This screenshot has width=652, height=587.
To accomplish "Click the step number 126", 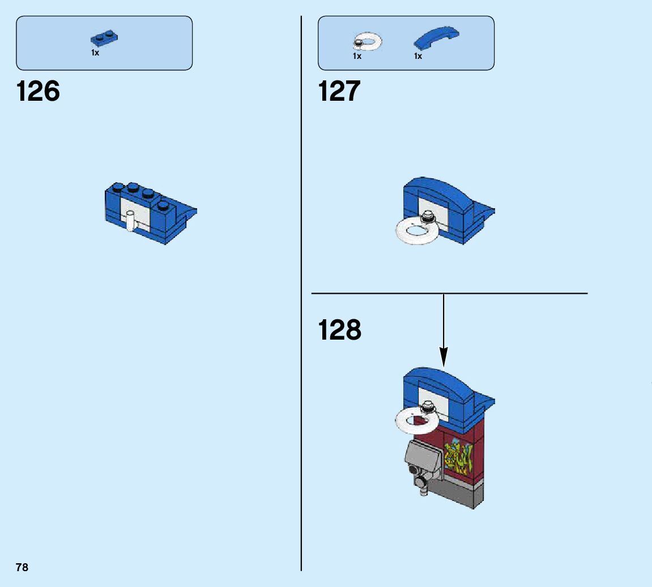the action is tap(38, 91).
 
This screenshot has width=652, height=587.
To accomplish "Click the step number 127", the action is tap(339, 91).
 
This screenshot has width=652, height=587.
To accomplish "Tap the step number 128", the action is tap(339, 330).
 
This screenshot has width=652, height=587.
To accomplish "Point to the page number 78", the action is tap(22, 567).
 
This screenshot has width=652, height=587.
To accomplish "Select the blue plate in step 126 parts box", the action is tap(104, 38).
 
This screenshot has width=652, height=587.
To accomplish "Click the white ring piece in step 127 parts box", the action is tap(368, 41).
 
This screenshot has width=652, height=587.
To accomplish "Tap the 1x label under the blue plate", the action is tap(95, 53).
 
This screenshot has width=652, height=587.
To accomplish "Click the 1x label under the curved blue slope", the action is tap(418, 56).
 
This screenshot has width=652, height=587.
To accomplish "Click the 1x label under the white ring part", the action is tap(357, 56).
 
